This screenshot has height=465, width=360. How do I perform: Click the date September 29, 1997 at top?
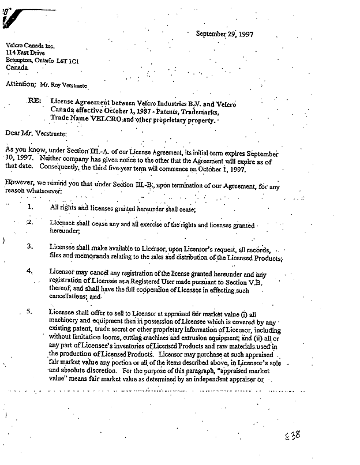(224, 33)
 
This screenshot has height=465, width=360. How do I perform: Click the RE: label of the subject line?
(35, 100)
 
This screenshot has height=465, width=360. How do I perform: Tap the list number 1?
(31, 207)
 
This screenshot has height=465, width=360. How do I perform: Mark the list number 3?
(31, 246)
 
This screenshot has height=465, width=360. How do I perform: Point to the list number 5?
(30, 312)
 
